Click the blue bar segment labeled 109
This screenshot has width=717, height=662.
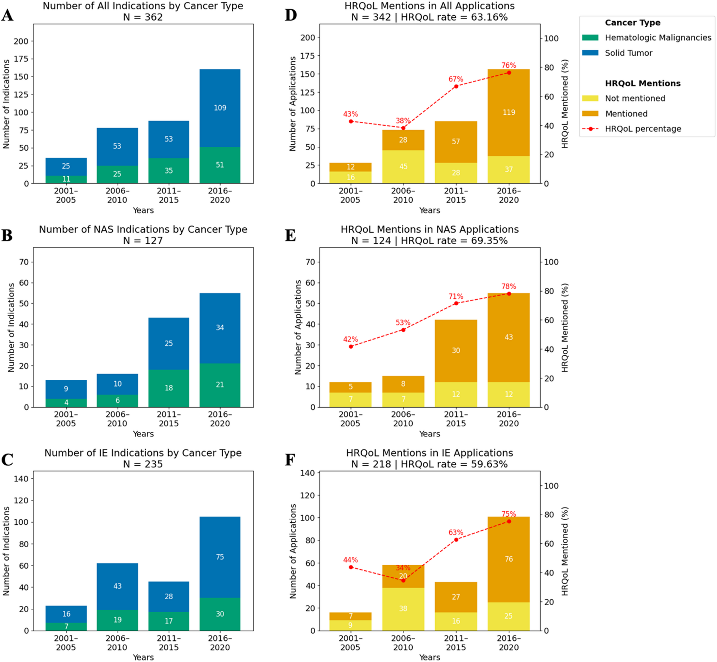[220, 108]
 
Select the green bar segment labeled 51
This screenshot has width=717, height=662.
[220, 165]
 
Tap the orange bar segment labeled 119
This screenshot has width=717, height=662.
[508, 113]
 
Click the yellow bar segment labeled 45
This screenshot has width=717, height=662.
[403, 167]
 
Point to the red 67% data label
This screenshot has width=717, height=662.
[456, 79]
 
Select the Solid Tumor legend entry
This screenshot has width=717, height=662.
[628, 53]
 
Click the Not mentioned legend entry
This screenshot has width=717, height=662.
[635, 99]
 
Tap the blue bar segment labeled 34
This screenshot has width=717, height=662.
[220, 328]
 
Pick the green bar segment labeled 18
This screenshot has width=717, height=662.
[169, 388]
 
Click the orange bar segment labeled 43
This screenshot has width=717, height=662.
[508, 337]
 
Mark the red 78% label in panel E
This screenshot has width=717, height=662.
[509, 287]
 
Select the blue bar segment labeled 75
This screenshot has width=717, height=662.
[220, 557]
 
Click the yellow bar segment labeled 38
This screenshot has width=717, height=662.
[403, 609]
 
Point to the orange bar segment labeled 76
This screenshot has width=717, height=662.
[508, 559]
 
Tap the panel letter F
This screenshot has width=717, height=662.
[290, 460]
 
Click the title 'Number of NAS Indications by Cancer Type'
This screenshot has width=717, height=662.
[143, 229]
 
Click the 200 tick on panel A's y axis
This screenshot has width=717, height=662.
[21, 41]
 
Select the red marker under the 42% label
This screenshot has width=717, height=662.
[351, 347]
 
